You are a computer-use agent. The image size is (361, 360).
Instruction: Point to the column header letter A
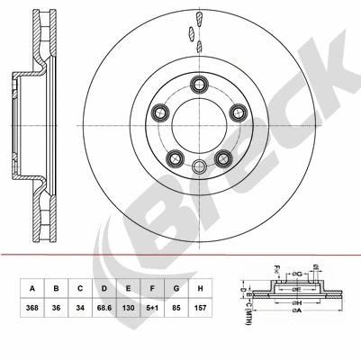click(x=32, y=289)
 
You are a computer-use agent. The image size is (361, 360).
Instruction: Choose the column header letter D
click(x=105, y=289)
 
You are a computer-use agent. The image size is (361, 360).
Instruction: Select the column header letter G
click(x=178, y=289)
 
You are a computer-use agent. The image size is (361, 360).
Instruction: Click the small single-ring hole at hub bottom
click(x=200, y=165)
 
